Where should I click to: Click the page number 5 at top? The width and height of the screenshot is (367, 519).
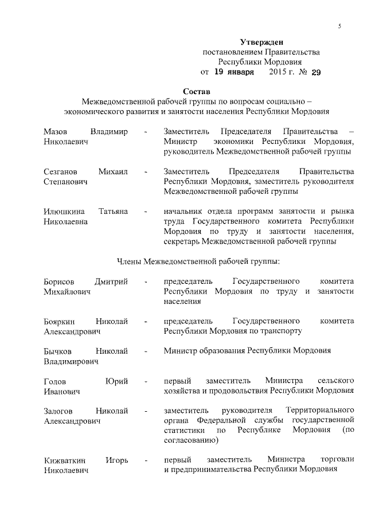click(339, 26)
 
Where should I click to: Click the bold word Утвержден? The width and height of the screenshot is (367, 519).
click(261, 42)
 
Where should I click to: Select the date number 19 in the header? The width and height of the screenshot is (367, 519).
click(220, 72)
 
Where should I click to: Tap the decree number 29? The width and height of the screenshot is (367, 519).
click(316, 72)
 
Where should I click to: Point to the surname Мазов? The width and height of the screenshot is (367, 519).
click(56, 132)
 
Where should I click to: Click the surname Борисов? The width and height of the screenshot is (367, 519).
click(59, 281)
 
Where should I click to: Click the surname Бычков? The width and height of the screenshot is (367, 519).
click(59, 350)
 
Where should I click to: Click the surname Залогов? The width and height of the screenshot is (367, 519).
click(60, 411)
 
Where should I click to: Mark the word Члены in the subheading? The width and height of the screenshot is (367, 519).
click(129, 262)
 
